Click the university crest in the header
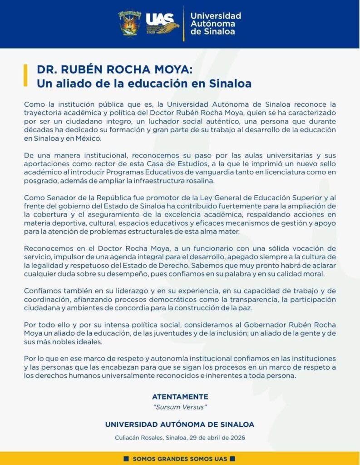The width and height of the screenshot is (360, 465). coord(130,24)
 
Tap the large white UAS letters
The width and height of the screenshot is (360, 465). coord(160,19)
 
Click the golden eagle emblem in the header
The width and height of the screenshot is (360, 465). coord(169,30)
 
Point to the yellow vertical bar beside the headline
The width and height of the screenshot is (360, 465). coord(25,75)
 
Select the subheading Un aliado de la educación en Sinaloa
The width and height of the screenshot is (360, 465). coord(144,84)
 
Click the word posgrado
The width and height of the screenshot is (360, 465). coord(39,180)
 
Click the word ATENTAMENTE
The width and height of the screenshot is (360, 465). coord(180,396)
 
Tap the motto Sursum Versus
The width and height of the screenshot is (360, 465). coord(180,407)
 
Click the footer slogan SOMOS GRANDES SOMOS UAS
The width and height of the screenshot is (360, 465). coord(180,459)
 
